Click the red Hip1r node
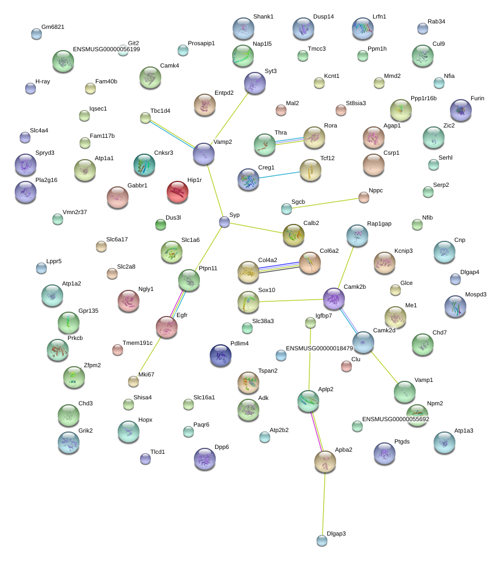click(x=178, y=192)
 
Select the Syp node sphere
click(x=224, y=222)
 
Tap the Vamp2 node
click(x=204, y=154)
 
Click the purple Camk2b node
click(x=334, y=299)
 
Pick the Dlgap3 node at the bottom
click(x=322, y=540)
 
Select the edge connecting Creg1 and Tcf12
click(x=279, y=175)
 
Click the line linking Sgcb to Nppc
click(x=325, y=203)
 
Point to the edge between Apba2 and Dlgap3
click(x=324, y=504)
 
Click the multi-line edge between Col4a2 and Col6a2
click(x=279, y=268)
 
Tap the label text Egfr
click(x=182, y=315)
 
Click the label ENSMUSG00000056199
click(x=106, y=50)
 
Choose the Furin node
click(x=461, y=110)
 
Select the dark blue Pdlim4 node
click(x=221, y=355)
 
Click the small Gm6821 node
click(x=36, y=34)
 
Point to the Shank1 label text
click(x=263, y=16)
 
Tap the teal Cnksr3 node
click(x=144, y=165)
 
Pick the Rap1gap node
click(x=357, y=236)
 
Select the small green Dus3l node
click(x=161, y=225)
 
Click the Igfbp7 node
click(x=311, y=323)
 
